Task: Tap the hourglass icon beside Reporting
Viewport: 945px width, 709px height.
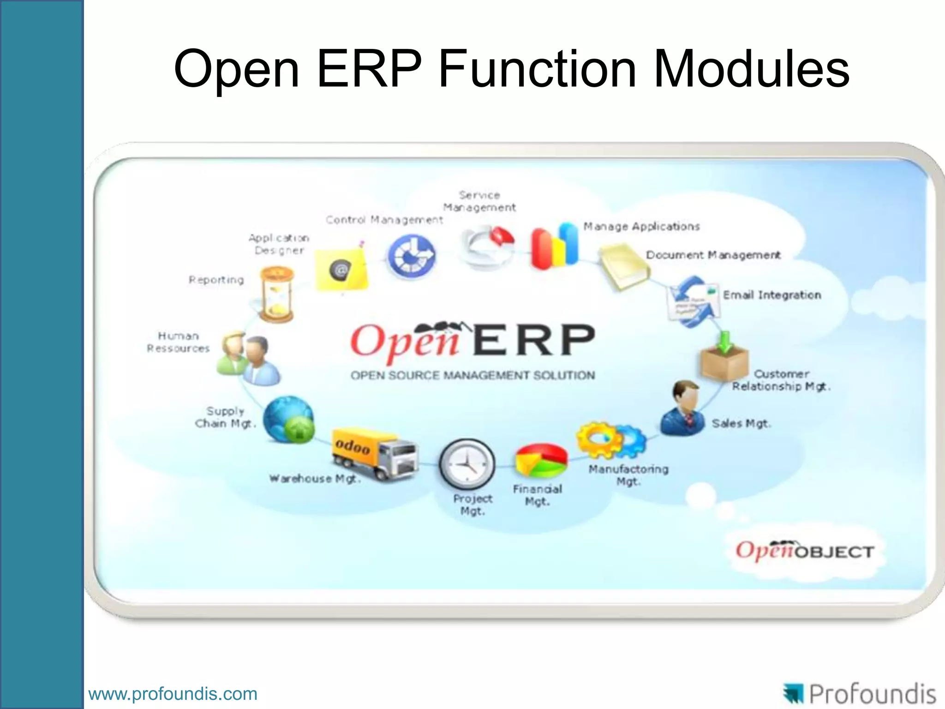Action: click(x=276, y=294)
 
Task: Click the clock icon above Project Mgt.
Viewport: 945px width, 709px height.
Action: click(x=467, y=464)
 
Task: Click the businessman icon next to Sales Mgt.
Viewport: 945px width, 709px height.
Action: click(x=682, y=409)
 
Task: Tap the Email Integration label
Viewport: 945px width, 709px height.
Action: click(x=772, y=295)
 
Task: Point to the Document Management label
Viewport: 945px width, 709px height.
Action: click(x=713, y=255)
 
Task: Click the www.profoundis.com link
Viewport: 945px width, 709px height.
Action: click(x=173, y=694)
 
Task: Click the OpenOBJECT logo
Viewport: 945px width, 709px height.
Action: click(x=804, y=551)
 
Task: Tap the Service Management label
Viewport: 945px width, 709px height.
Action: click(x=479, y=201)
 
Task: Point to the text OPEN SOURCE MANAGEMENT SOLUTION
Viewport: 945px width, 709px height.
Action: click(x=472, y=375)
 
